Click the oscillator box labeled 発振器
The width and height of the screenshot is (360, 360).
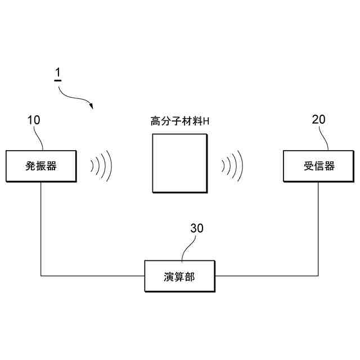(41, 166)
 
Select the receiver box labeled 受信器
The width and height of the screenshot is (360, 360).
(319, 166)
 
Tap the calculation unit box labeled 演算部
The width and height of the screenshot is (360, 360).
(180, 276)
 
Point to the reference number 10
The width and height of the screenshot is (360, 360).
(34, 120)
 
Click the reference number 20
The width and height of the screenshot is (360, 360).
(318, 120)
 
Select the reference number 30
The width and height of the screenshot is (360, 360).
(197, 228)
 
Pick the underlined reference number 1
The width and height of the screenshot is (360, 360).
(57, 74)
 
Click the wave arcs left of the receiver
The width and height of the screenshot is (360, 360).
(232, 165)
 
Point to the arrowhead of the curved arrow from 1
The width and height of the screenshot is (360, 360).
(91, 106)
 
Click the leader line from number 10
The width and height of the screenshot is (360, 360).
(39, 138)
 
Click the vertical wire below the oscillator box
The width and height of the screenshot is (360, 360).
(41, 225)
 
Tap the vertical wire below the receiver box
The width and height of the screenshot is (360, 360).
(319, 225)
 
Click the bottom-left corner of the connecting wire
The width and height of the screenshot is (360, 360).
(41, 276)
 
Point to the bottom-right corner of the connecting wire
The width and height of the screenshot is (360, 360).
(319, 276)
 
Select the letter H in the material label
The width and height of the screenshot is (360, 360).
(206, 121)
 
